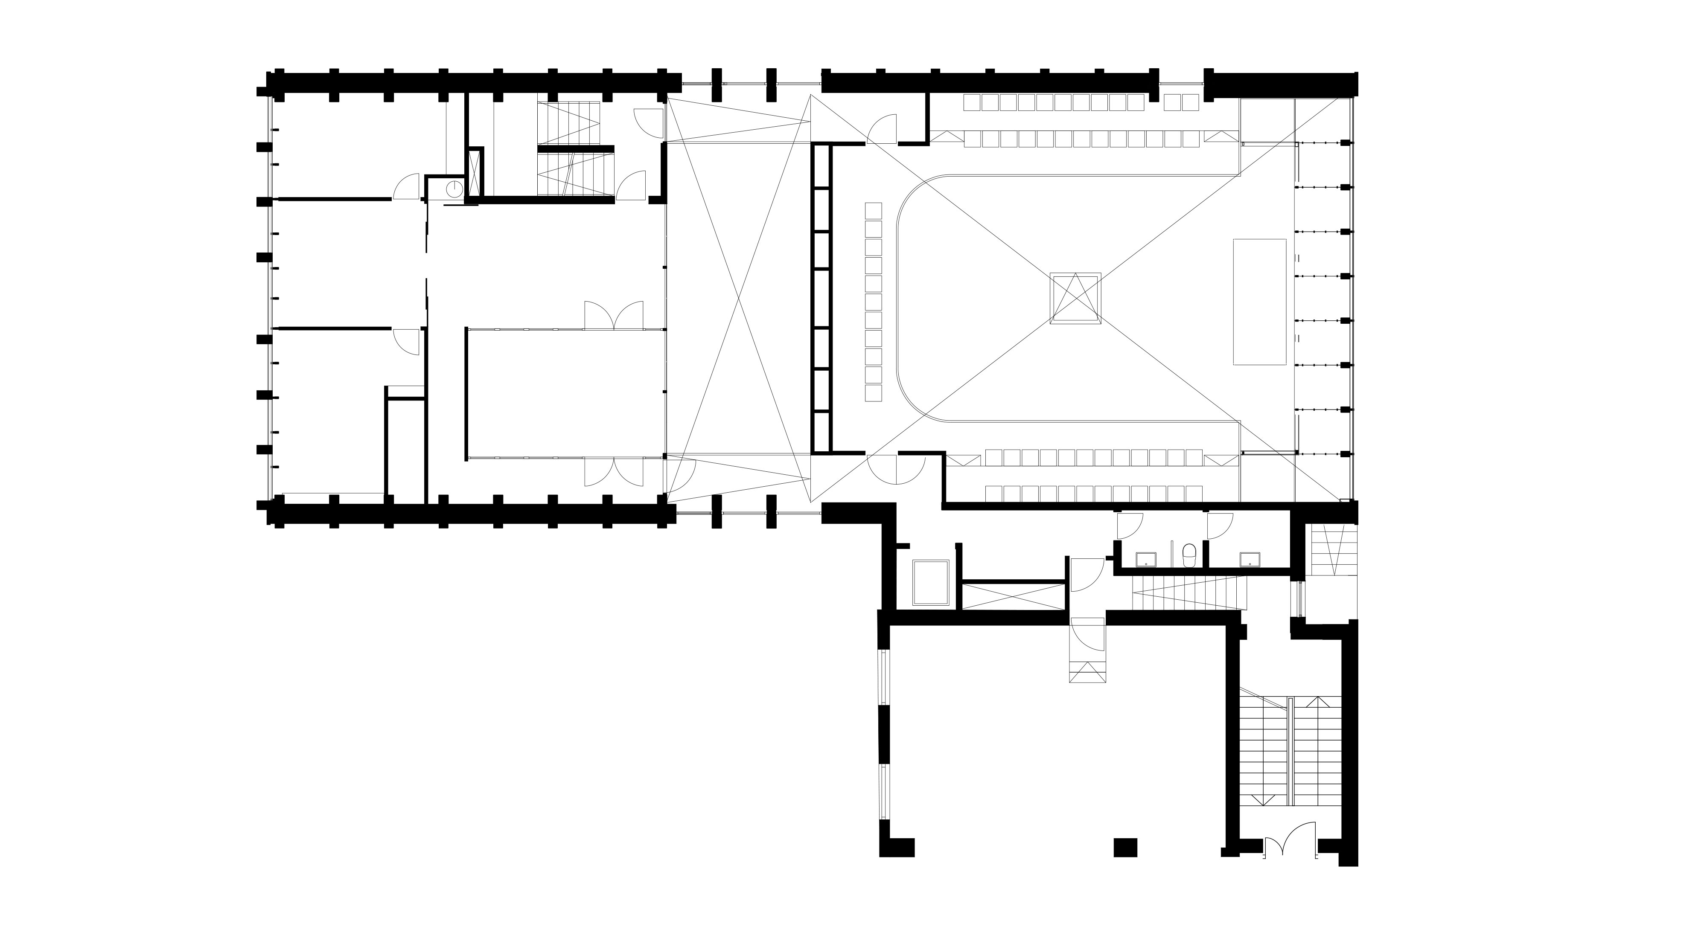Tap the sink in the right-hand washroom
(x=1250, y=560)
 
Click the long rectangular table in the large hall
(x=1259, y=302)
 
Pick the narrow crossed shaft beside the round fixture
(x=474, y=174)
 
